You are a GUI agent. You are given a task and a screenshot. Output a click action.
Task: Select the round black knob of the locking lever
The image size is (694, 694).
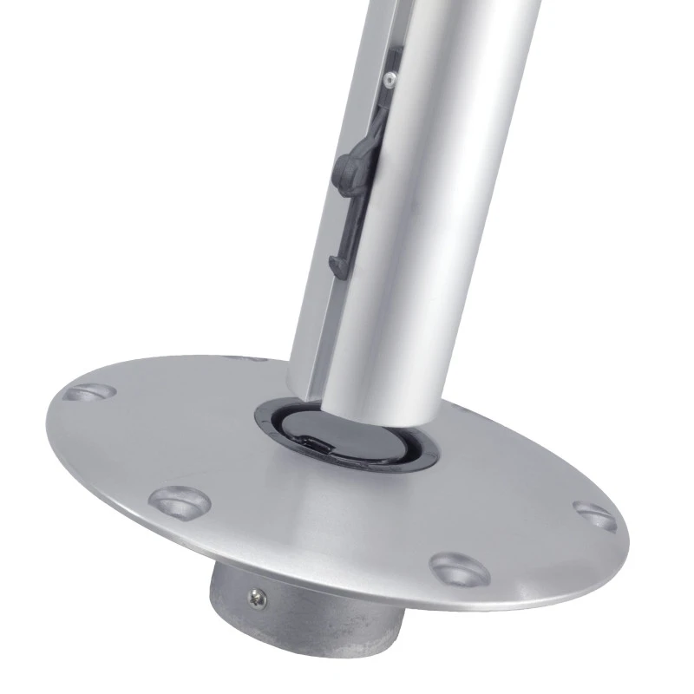[x=345, y=162]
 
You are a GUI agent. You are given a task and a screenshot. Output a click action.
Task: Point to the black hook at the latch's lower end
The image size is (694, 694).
[x=336, y=264]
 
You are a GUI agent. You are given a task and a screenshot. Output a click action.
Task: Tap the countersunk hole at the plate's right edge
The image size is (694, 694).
[x=595, y=515]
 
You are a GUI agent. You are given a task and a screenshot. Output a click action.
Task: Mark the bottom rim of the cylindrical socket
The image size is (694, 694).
[x=304, y=672]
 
